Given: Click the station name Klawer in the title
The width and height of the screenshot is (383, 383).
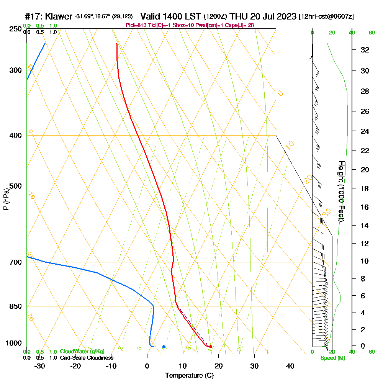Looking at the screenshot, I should pyautogui.click(x=59, y=16).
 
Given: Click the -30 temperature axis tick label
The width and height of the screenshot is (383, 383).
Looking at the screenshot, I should pyautogui.click(x=40, y=366).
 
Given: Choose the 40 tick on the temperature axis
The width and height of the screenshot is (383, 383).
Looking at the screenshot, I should pyautogui.click(x=290, y=366).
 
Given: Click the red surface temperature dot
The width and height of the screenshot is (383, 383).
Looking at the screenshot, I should pyautogui.click(x=210, y=347).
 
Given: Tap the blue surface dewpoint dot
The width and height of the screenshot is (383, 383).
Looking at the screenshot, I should pyautogui.click(x=164, y=347).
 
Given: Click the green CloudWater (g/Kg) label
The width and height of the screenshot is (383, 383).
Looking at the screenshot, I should pyautogui.click(x=82, y=352).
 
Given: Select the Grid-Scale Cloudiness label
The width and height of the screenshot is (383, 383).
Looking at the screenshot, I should pyautogui.click(x=87, y=358).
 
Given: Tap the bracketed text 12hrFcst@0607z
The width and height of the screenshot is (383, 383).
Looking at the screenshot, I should pyautogui.click(x=327, y=16).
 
